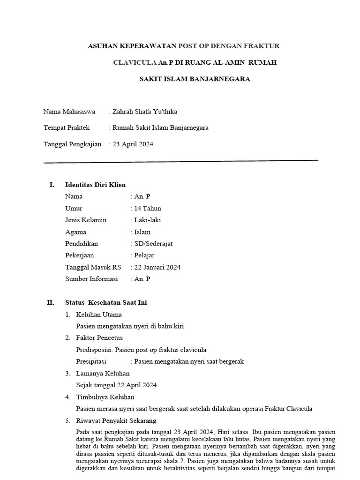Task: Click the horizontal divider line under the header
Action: [x=180, y=161]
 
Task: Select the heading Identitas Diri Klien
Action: [x=95, y=185]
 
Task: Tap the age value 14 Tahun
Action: [x=148, y=208]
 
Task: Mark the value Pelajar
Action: [x=144, y=255]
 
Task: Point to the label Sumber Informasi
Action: [x=91, y=279]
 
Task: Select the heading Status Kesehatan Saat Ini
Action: [x=106, y=302]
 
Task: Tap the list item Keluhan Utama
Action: [x=99, y=315]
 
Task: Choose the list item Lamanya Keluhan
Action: [x=103, y=373]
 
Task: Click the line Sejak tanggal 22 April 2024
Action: [x=116, y=385]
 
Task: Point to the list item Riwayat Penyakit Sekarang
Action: [x=116, y=420]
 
